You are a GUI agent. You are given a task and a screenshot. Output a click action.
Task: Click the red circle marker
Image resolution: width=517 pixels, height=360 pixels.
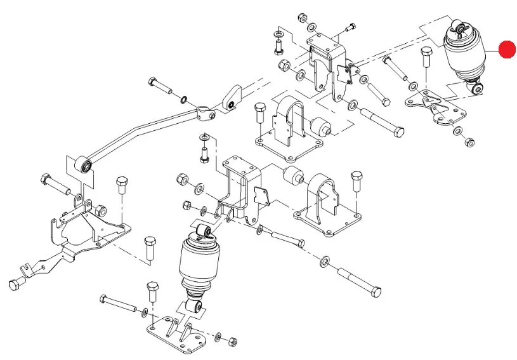[x=507, y=50]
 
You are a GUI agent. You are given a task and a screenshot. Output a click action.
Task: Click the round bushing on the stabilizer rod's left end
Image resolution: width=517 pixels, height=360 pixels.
[x=83, y=166]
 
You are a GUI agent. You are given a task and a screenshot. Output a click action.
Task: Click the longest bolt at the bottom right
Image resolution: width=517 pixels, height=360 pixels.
[x=359, y=280]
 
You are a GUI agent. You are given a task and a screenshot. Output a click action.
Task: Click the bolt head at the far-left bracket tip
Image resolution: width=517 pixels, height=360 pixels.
[x=15, y=283]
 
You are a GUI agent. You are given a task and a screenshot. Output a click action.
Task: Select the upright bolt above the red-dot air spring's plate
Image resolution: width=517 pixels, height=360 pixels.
[x=425, y=64]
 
